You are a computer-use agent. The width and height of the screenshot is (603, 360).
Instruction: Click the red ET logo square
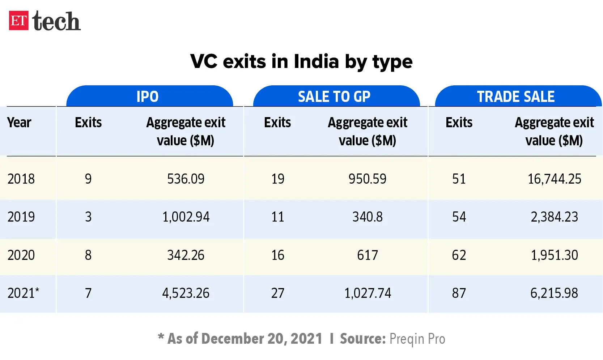pos(19,21)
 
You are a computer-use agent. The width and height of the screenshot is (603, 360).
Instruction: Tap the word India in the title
pos(316,61)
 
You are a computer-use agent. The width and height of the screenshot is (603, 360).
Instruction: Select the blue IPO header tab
pos(148,97)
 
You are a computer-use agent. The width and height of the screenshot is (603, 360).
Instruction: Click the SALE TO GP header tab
pos(334,97)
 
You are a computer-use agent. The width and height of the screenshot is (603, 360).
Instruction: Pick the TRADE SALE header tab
pos(515,97)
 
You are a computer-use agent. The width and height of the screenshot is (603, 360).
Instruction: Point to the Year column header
pos(19,123)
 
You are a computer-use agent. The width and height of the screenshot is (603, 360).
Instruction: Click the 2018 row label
pos(21,179)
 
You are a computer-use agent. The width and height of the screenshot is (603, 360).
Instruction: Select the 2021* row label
pos(23,293)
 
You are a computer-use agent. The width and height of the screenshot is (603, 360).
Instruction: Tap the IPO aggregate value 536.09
pos(186,179)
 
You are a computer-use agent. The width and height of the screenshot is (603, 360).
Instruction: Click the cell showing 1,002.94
pos(186,217)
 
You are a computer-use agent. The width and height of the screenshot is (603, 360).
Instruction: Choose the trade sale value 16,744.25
pos(554,179)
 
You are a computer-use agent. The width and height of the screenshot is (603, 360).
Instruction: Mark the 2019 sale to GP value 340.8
pos(368,217)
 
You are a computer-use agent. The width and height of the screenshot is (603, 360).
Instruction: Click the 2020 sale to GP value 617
pos(368,255)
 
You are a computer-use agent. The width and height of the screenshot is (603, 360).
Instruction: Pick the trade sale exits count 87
pos(459,293)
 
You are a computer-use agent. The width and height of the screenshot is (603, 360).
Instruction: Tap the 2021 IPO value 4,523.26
pos(186,293)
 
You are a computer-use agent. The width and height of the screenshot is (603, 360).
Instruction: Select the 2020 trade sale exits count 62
pos(459,255)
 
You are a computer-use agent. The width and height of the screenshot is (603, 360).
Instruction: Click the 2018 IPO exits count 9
pos(88,179)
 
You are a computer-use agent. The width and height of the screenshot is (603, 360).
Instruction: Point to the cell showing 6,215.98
pos(554,293)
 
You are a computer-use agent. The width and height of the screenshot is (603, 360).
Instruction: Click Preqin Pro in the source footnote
pos(417,339)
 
